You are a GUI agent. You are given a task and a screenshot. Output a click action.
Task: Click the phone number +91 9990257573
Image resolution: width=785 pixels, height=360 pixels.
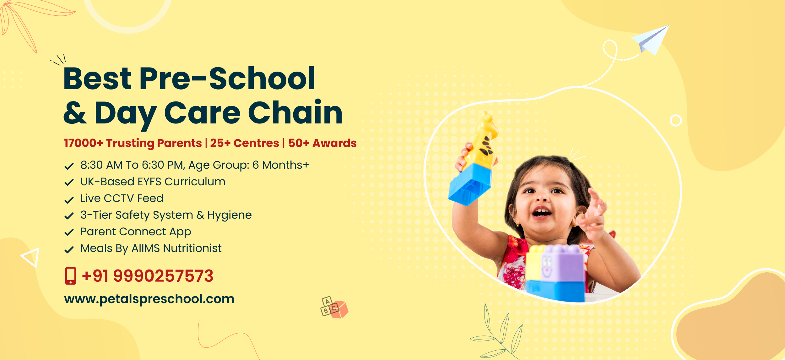click(x=148, y=276)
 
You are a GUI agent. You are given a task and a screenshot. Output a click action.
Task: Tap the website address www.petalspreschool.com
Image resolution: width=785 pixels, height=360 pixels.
click(x=149, y=299)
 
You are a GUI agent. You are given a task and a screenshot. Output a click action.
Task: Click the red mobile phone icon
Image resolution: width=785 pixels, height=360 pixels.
click(x=71, y=276)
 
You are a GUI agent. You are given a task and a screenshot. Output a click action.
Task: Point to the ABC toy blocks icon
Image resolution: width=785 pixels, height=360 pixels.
click(x=334, y=307)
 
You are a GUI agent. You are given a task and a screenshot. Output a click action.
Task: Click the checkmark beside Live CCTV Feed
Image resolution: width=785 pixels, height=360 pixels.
click(x=69, y=199)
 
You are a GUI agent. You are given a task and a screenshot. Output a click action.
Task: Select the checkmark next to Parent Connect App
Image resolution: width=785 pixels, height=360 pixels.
click(x=69, y=232)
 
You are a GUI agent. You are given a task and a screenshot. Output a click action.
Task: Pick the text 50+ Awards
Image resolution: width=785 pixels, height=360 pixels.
click(x=322, y=143)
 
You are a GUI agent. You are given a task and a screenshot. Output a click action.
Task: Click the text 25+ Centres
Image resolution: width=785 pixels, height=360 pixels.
click(x=245, y=143)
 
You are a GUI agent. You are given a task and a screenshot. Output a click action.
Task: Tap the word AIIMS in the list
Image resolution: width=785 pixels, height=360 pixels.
click(x=146, y=248)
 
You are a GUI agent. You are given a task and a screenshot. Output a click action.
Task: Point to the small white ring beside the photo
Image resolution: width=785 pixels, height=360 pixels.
click(x=676, y=120)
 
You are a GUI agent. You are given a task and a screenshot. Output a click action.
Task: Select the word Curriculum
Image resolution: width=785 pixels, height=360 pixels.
click(x=195, y=182)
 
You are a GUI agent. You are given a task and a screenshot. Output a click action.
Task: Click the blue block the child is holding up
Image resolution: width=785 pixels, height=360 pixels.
click(x=470, y=185)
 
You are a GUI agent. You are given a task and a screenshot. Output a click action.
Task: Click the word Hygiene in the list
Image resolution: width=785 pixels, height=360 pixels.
click(x=230, y=215)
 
